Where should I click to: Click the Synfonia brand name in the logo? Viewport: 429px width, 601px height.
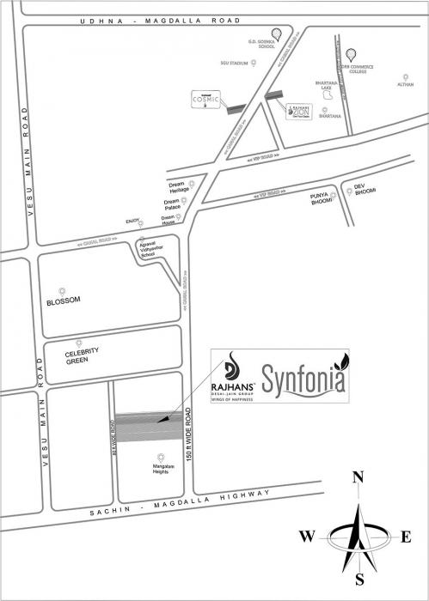304,378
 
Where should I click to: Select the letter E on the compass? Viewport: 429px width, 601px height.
406,537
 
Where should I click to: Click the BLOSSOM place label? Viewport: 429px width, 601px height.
64,300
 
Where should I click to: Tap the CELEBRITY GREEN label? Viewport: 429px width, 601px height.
83,355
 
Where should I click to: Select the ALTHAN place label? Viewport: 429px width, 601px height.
405,84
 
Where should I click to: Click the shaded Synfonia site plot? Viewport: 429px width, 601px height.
148,428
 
